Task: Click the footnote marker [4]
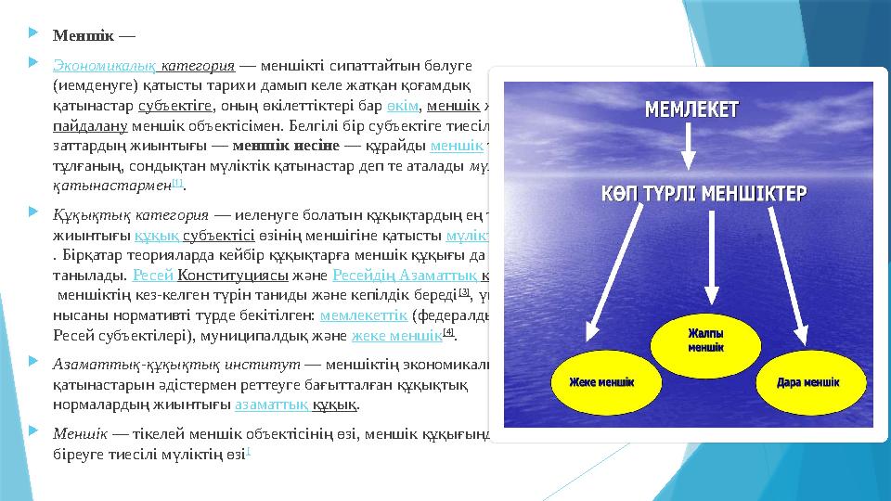point(449,334)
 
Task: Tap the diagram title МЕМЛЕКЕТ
point(691,109)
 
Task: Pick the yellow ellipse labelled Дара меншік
point(804,381)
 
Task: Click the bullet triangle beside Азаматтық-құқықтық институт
point(33,365)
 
